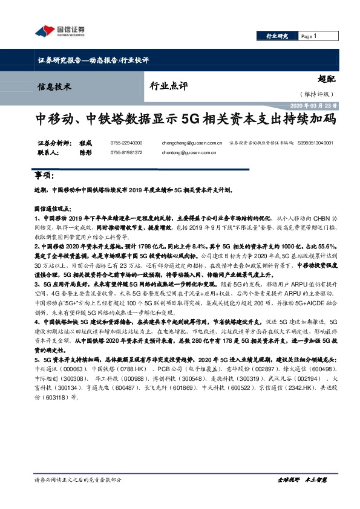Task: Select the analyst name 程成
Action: [85, 143]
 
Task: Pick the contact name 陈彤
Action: [85, 153]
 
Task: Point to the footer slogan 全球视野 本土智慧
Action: [302, 479]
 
